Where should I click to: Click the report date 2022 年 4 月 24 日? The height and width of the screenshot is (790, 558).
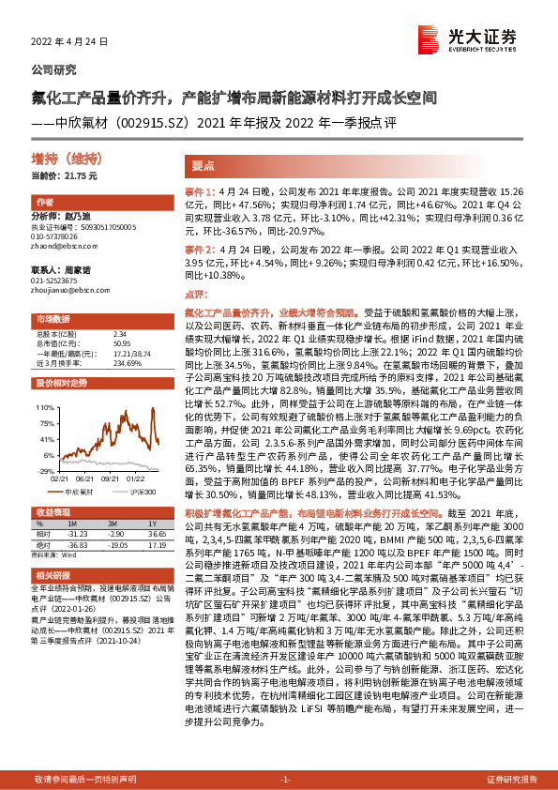pos(70,42)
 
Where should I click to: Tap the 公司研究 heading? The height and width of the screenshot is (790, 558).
pos(54,69)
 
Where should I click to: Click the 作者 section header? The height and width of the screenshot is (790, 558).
pos(44,203)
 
